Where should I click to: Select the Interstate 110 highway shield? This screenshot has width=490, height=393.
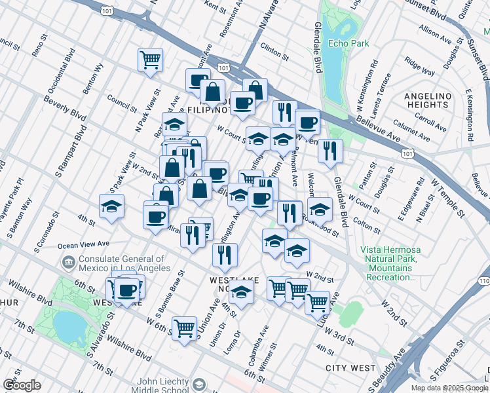point(483,281)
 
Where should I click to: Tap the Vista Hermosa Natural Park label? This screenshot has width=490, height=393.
point(388,264)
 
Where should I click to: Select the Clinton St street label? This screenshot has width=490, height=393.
point(274,50)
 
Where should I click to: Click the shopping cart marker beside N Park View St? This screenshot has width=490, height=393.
point(151,59)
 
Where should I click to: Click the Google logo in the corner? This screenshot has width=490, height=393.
point(22,385)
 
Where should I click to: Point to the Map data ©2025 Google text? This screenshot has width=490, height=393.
point(449,388)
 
